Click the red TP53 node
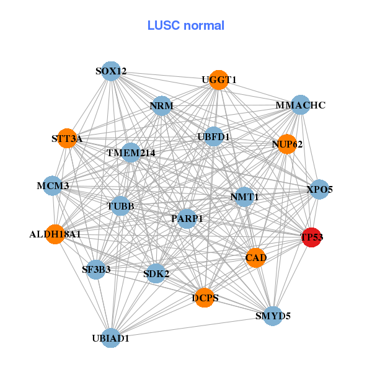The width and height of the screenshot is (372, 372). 311,237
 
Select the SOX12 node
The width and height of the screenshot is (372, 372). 110,71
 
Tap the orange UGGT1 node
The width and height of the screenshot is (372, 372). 218,80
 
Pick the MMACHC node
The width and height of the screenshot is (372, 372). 301,105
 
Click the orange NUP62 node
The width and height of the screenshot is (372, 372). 286,144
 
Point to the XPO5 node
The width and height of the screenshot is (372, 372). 319,189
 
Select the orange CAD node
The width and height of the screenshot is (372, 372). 256,257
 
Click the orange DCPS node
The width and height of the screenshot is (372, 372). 205,298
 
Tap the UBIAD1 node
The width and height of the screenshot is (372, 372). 110,338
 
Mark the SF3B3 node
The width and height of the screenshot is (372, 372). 96,269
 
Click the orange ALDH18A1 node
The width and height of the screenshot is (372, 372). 55,234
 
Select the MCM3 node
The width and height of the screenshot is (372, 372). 53,185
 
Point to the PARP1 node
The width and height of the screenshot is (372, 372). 187,218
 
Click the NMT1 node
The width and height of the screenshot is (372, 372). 244,197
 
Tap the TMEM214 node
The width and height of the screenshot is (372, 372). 131,152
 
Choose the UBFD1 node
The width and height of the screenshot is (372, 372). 213,136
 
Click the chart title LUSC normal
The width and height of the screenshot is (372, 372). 186,26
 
